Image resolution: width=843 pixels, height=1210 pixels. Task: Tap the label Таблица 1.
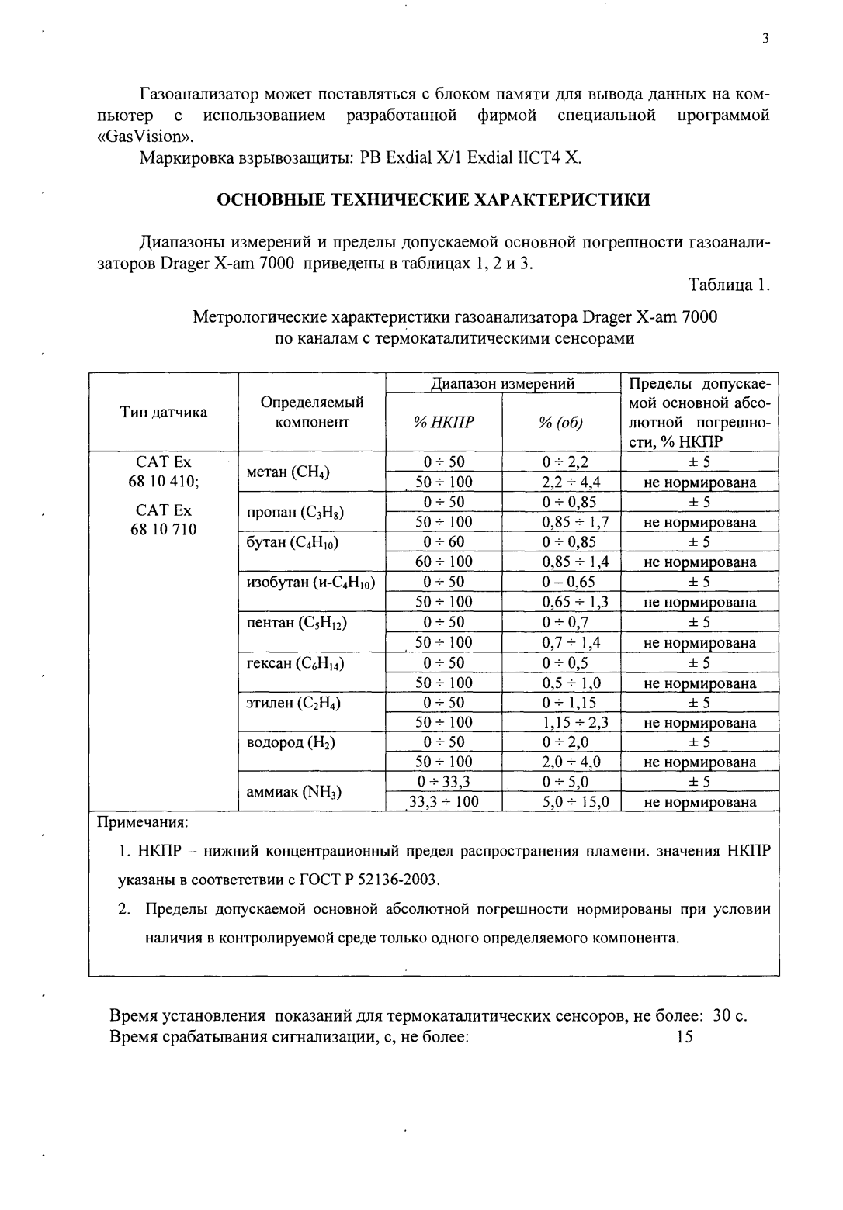pos(729,285)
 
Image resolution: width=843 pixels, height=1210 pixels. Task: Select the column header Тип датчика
pos(163,412)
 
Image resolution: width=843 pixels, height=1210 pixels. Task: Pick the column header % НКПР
pos(444,422)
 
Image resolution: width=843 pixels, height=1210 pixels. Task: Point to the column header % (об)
pos(560,422)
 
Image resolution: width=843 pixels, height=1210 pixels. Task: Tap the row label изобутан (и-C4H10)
pos(310,582)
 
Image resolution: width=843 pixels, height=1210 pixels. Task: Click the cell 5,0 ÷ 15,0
pos(576,802)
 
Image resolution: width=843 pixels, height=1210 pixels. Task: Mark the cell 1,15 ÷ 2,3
pos(575,722)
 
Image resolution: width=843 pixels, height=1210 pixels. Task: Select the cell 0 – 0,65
pos(568,582)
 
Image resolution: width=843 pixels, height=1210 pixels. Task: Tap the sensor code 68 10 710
pos(163,530)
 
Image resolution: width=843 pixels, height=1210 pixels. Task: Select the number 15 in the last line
pos(684,1037)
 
